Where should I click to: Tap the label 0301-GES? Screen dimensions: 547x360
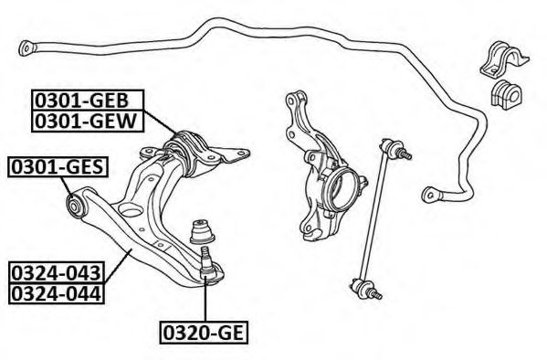58,167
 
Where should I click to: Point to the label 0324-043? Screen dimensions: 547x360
57,272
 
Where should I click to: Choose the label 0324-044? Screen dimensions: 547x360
57,293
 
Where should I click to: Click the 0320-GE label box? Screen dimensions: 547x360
204,332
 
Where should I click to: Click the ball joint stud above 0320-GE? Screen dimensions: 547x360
205,262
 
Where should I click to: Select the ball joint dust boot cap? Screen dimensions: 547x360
202,231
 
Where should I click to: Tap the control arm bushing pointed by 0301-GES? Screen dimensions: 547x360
75,206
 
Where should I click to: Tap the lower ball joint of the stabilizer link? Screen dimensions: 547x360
363,288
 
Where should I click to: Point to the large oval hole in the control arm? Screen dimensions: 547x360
131,210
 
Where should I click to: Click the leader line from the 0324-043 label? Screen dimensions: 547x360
117,266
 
